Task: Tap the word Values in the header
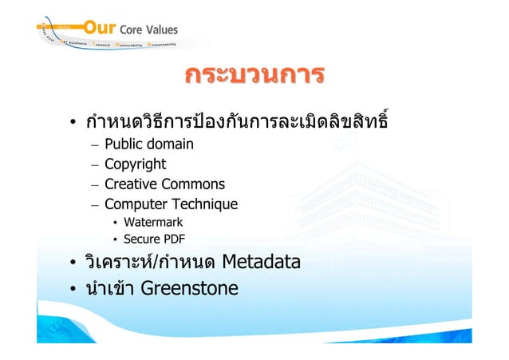[162, 30]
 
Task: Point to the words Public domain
[149, 144]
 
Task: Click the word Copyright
[136, 164]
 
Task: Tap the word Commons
[195, 184]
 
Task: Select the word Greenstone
[189, 287]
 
